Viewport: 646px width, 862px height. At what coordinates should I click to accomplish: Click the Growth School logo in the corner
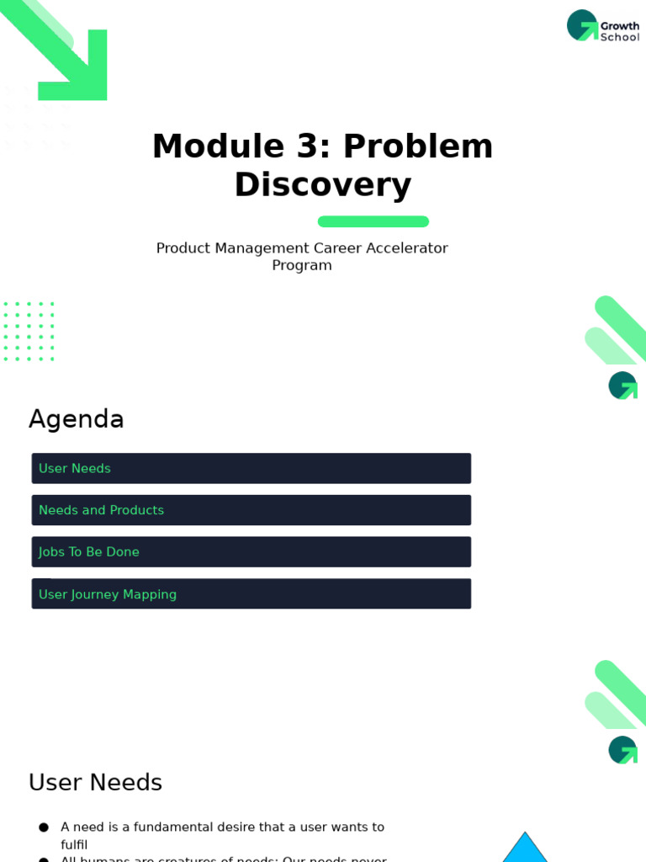click(602, 26)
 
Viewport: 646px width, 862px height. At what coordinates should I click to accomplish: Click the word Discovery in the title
click(323, 185)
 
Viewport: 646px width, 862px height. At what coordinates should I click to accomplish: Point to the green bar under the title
click(373, 221)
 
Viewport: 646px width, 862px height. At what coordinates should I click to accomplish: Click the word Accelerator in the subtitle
click(407, 248)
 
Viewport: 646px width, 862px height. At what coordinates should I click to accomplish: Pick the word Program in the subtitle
click(302, 266)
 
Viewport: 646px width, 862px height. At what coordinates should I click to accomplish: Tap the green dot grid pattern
click(29, 332)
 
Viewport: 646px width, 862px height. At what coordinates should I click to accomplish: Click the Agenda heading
click(77, 419)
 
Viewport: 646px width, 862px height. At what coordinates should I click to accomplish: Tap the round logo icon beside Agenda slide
click(622, 386)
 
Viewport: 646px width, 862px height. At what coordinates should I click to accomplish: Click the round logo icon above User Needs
click(622, 750)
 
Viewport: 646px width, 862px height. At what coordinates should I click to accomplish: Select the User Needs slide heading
click(95, 783)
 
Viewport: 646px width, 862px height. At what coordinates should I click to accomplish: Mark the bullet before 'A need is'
click(44, 827)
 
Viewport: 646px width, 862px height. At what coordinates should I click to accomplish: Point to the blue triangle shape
click(525, 849)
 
